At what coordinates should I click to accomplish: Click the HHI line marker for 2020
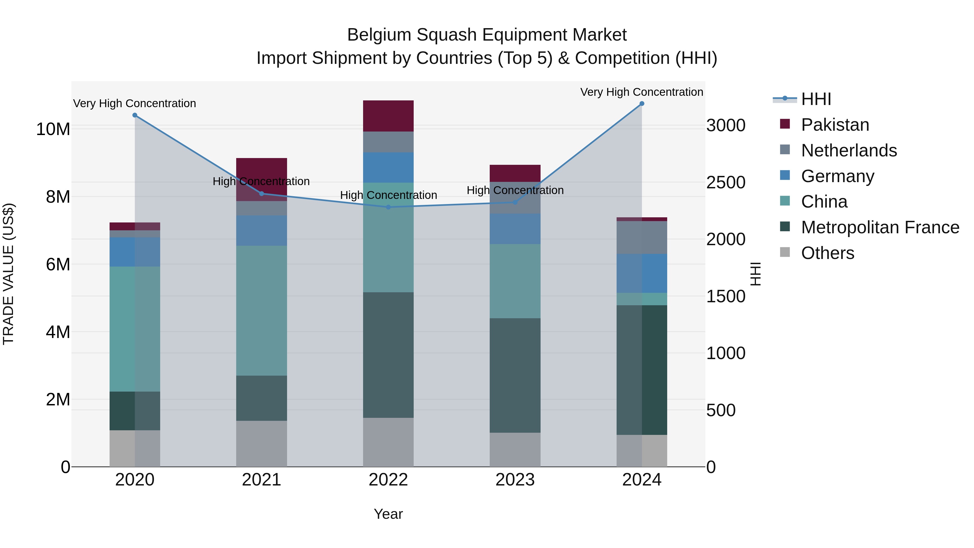pos(135,115)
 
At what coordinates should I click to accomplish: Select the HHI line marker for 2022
pos(388,207)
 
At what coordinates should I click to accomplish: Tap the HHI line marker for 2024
pos(642,104)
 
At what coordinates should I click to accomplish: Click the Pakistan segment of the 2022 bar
pos(388,116)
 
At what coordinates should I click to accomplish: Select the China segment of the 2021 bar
pos(261,310)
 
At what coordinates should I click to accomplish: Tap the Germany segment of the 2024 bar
pos(642,273)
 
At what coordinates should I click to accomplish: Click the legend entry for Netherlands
pos(848,150)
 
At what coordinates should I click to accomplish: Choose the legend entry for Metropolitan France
pos(880,227)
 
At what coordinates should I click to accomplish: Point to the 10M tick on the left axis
pos(53,129)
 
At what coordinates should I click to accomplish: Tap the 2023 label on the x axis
pos(515,480)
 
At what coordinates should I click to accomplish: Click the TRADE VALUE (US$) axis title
pos(9,274)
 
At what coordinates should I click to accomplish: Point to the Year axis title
pos(388,514)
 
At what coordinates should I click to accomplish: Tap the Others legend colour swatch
pos(785,252)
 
